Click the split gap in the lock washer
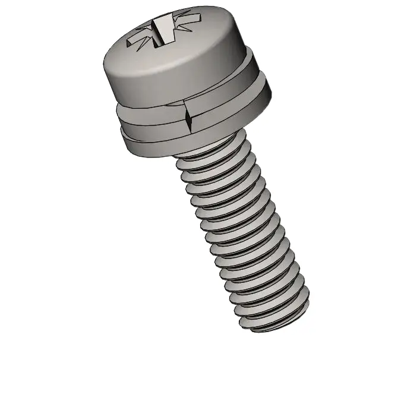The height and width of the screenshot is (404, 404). tap(189, 115)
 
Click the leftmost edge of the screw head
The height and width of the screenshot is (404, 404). tap(103, 65)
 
